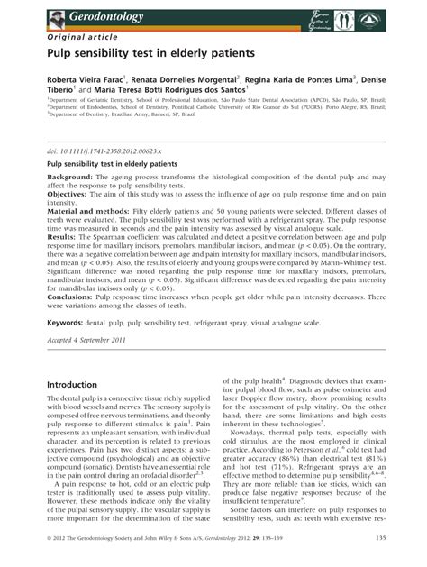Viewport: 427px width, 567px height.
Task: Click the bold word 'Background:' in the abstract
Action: coord(74,178)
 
